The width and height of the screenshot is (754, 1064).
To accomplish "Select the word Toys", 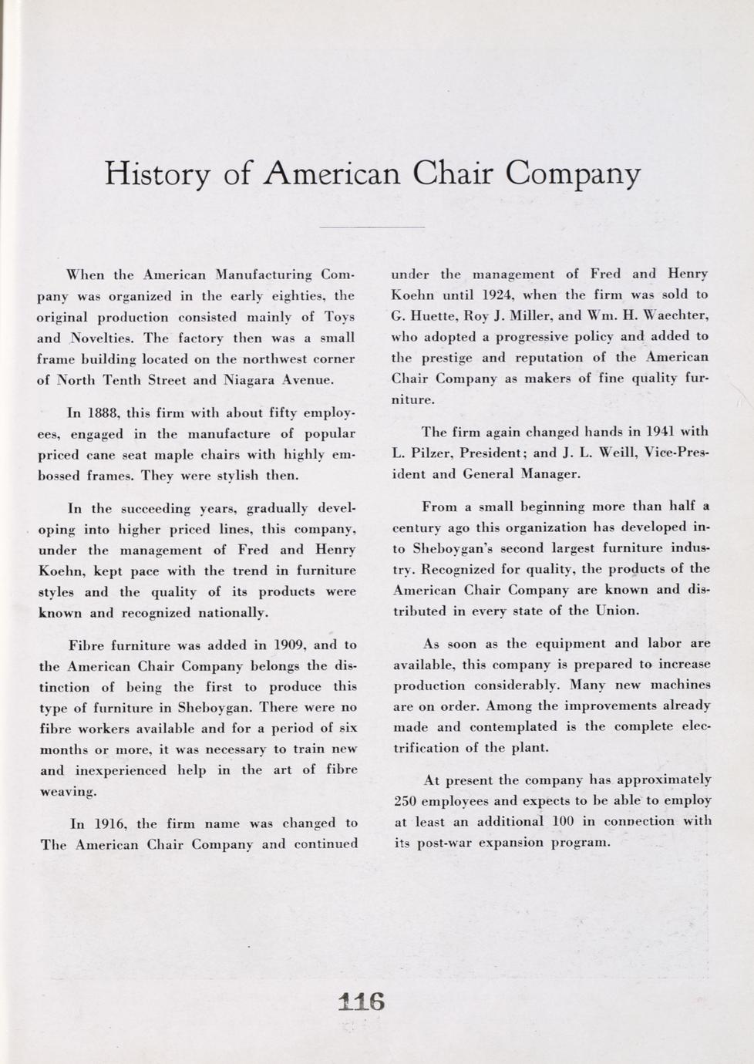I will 339,317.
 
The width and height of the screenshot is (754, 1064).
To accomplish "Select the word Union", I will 617,611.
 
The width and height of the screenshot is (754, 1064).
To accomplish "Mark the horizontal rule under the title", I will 372,227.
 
